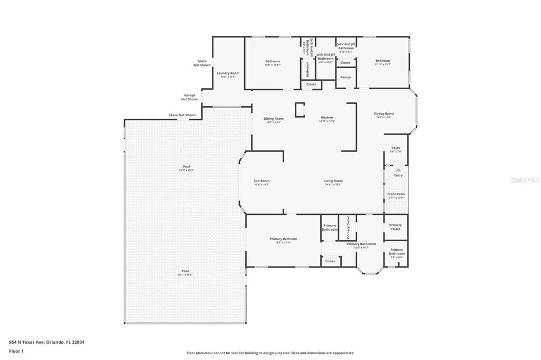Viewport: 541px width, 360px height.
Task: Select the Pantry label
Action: coord(346,78)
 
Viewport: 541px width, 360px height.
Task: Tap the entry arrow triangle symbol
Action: coord(398,169)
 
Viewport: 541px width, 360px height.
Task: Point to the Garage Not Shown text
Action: coord(190,97)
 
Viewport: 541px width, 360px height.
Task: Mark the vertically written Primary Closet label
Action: coord(348,227)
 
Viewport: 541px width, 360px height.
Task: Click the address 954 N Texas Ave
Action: coord(46,342)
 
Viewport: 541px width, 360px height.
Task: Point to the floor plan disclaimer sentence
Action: coord(270,353)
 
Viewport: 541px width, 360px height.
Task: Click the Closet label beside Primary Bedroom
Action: coord(330,261)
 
